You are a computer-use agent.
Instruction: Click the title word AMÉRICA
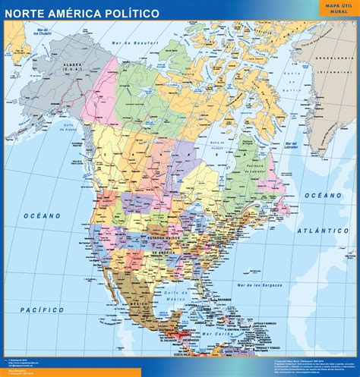click(x=83, y=14)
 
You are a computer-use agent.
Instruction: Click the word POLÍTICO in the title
click(x=135, y=14)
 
